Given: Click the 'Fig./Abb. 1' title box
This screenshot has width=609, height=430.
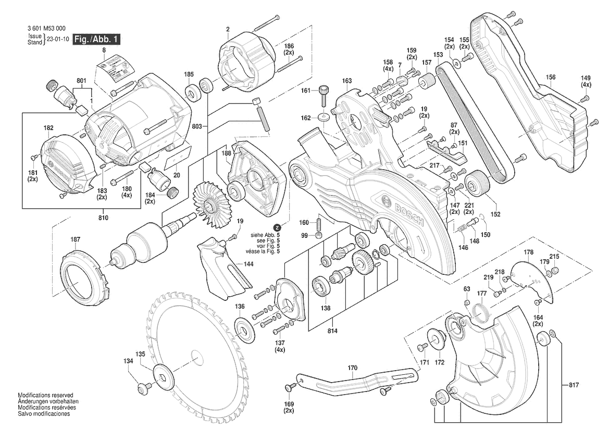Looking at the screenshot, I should click(97, 40).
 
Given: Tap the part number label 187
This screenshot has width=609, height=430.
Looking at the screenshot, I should click(76, 239).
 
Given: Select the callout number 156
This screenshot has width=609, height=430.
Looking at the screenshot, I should click(551, 78).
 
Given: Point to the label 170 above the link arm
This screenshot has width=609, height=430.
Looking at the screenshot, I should click(353, 368).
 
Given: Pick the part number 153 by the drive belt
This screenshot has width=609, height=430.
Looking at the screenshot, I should click(438, 55).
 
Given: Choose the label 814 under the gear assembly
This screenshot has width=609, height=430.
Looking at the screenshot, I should click(332, 331).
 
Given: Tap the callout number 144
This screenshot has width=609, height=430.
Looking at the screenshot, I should click(234, 264).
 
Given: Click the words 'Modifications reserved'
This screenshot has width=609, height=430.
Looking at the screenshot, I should click(45, 396).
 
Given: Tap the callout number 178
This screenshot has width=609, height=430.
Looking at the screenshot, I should click(529, 252).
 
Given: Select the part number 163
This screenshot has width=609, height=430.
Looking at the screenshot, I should click(347, 81).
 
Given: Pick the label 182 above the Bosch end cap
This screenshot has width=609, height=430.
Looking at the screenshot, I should click(48, 128).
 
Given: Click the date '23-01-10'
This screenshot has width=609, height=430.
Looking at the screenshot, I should click(58, 40).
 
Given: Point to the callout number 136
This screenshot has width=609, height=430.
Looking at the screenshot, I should click(240, 306).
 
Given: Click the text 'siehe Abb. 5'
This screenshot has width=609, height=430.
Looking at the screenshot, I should click(265, 235).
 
